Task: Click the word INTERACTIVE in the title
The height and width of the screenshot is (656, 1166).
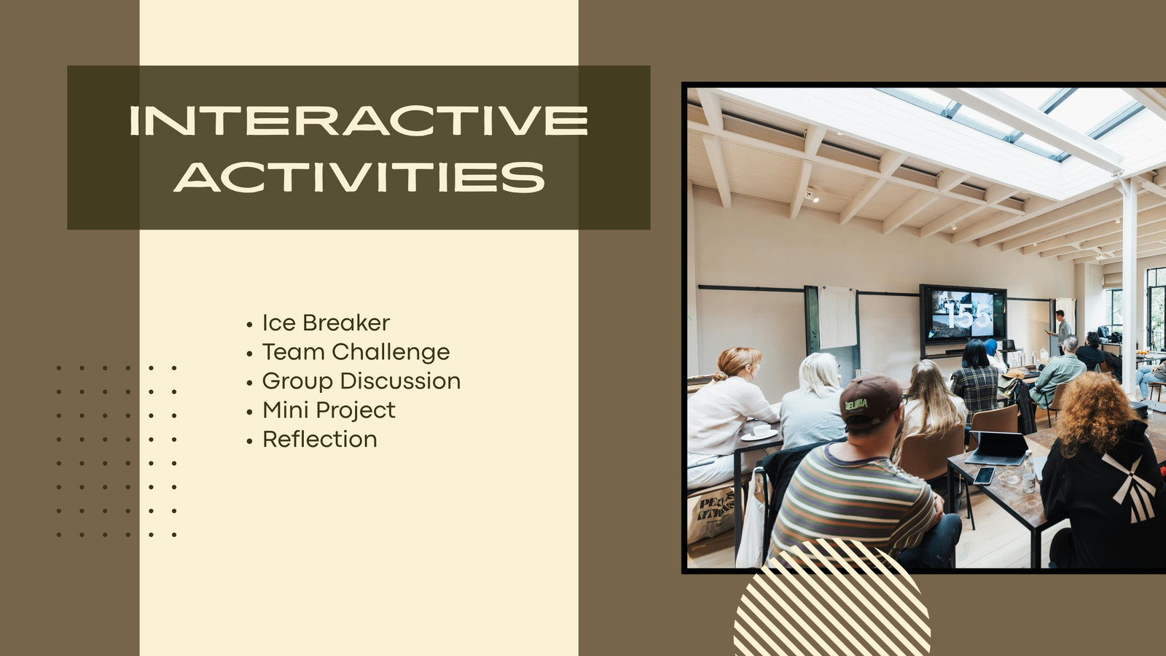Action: click(x=359, y=120)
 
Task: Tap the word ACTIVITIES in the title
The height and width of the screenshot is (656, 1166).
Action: click(x=359, y=177)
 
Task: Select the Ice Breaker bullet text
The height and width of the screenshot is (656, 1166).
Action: click(x=326, y=323)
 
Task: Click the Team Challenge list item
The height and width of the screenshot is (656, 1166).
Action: click(x=356, y=353)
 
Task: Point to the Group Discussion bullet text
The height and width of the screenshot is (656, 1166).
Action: click(x=361, y=381)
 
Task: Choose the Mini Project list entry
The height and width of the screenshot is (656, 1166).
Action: click(x=329, y=410)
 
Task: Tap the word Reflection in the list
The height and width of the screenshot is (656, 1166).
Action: click(x=320, y=440)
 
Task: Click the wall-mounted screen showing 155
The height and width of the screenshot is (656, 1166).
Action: click(x=963, y=314)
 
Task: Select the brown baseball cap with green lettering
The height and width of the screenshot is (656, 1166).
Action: click(x=869, y=400)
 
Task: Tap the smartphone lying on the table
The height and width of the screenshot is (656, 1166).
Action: click(x=983, y=475)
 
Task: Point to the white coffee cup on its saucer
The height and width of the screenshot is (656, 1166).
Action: click(x=759, y=432)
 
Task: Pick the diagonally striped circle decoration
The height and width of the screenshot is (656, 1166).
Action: click(x=832, y=597)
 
